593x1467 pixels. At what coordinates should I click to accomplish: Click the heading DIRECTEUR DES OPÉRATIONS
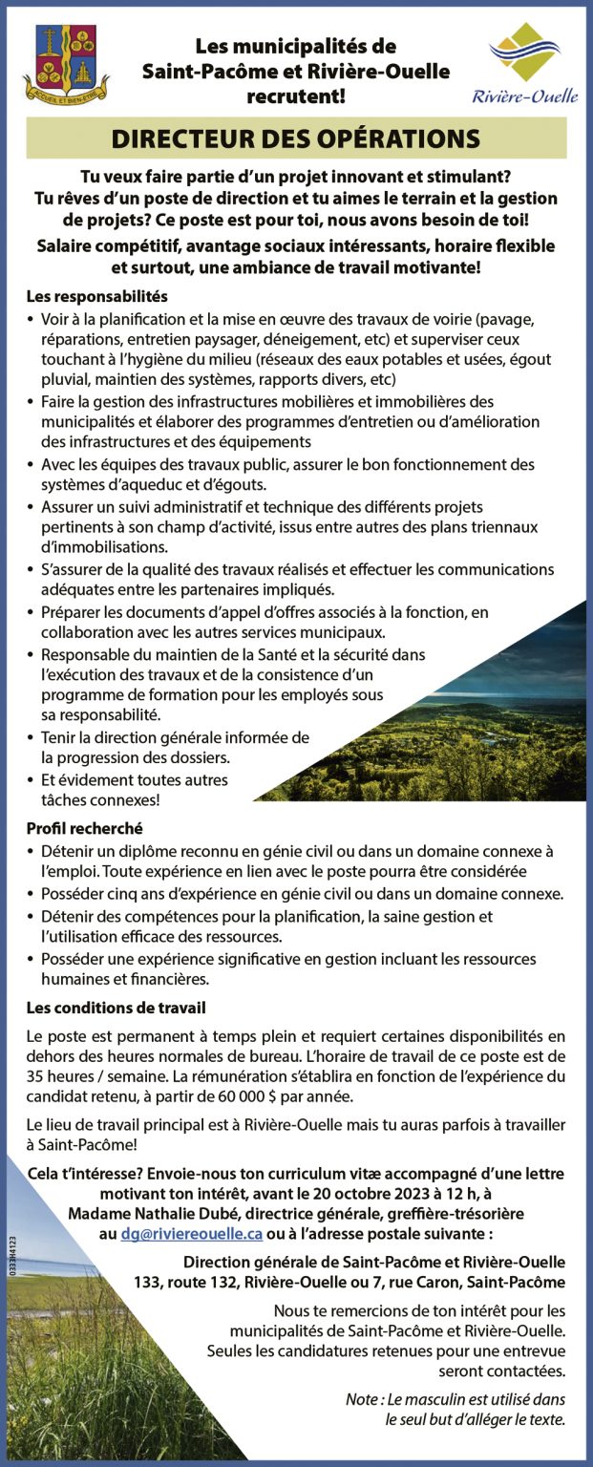pos(296,138)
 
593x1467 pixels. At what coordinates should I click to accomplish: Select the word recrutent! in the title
pos(295,96)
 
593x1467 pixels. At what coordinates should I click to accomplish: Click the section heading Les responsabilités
pos(97,297)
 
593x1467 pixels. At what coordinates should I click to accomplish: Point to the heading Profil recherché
pos(84,828)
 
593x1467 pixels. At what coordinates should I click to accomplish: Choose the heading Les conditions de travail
pos(116,1008)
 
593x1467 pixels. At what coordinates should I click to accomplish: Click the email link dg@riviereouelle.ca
pos(191,1233)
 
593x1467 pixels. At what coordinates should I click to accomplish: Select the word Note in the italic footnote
pos(362,1399)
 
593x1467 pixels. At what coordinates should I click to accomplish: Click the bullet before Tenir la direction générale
pos(31,738)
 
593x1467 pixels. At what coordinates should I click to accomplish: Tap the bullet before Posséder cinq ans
pos(31,895)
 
